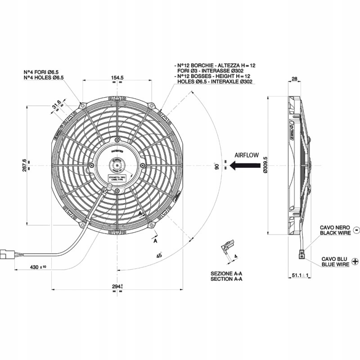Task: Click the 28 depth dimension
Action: [x=295, y=79]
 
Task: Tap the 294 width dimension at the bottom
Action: [x=117, y=286]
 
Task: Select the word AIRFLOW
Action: [x=247, y=155]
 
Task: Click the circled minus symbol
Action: [x=356, y=230]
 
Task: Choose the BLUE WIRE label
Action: [x=335, y=265]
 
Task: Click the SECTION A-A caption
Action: [x=226, y=279]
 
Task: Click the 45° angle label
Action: [x=159, y=255]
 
